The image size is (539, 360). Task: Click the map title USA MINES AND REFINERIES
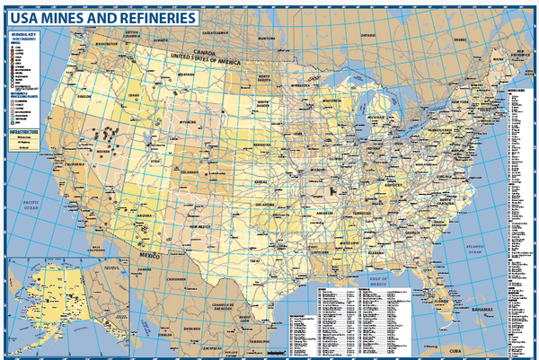point(102,17)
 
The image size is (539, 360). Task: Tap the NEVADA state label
point(105,154)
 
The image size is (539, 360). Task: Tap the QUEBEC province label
point(460,40)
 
